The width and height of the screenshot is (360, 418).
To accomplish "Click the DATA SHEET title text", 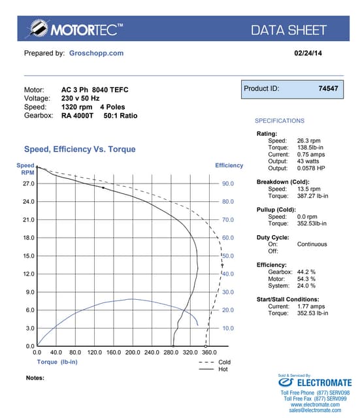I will tap(288, 30).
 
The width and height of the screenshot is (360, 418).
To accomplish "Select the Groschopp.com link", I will tap(96, 53).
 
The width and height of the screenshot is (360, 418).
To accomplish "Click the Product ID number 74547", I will tap(327, 88).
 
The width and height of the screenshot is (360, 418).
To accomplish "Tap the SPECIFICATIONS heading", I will tap(280, 121).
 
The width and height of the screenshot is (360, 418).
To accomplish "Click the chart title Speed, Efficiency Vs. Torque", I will tap(80, 150).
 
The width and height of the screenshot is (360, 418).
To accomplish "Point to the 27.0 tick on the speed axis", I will tap(28, 184).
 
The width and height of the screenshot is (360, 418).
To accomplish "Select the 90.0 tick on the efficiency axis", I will tap(228, 184).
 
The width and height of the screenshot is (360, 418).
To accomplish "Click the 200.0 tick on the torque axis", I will tap(133, 352).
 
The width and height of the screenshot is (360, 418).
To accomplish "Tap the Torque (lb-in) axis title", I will tap(57, 361).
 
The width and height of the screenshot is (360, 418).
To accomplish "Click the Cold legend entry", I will tap(224, 362).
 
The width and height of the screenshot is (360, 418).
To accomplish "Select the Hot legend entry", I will tap(223, 369).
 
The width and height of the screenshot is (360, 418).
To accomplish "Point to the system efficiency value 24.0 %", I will tap(306, 285).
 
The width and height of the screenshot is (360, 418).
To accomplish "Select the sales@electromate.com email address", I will tap(315, 410).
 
